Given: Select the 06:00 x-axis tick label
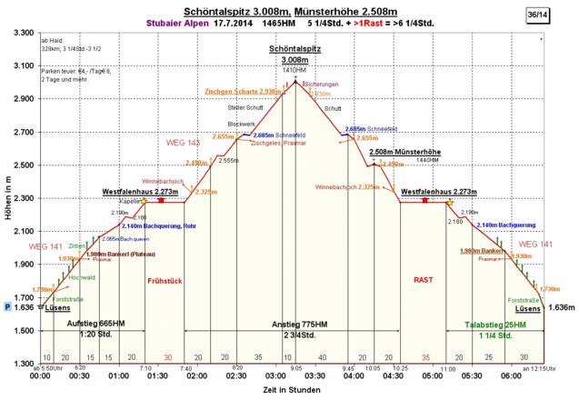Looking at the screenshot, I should (x=511, y=375).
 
